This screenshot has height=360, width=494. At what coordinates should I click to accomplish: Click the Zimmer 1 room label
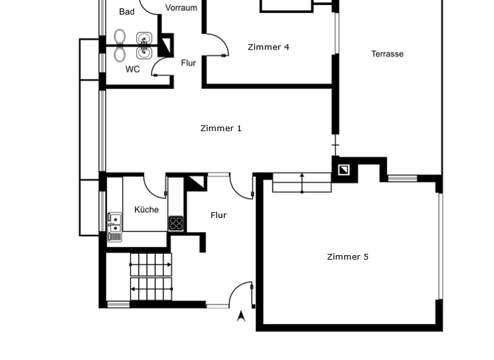[x=221, y=129]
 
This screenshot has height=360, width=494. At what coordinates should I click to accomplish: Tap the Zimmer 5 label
[x=347, y=257]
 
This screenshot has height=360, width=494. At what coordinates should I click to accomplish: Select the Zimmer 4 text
[x=268, y=47]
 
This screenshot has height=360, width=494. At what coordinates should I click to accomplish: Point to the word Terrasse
[x=387, y=54]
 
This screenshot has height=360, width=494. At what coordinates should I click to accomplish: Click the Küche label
[x=146, y=210]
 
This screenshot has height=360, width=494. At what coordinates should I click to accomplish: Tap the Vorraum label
[x=181, y=8]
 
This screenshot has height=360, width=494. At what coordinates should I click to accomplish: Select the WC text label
[x=133, y=69]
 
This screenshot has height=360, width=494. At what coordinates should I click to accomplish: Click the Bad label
[x=127, y=12]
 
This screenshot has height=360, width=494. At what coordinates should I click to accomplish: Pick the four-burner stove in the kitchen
[x=176, y=223]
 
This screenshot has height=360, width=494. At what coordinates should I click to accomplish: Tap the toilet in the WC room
[x=120, y=54]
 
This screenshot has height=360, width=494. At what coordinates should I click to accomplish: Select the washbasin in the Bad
[x=143, y=37]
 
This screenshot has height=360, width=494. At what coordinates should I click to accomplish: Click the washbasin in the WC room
[x=143, y=53]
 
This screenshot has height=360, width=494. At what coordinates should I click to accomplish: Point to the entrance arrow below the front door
[x=241, y=316]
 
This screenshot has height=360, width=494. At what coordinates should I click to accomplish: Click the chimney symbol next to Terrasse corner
[x=344, y=170]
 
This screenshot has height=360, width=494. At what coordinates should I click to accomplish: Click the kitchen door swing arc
[x=154, y=187]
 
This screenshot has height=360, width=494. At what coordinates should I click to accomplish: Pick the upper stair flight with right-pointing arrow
[x=151, y=264]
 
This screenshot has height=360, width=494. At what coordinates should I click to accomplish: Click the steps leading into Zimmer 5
[x=302, y=183]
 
